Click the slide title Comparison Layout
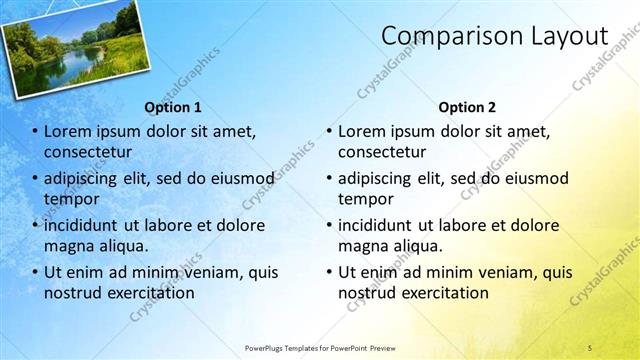pyautogui.click(x=495, y=36)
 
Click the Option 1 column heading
pyautogui.click(x=173, y=107)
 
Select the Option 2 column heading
pyautogui.click(x=467, y=107)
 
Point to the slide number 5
pyautogui.click(x=590, y=347)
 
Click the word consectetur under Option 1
pyautogui.click(x=88, y=152)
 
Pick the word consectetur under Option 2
pyautogui.click(x=382, y=152)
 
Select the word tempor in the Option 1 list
pyautogui.click(x=70, y=198)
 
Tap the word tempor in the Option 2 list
pyautogui.click(x=364, y=198)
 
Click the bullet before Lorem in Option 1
pyautogui.click(x=35, y=131)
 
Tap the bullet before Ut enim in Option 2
pyautogui.click(x=329, y=271)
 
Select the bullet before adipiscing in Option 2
pyautogui.click(x=329, y=178)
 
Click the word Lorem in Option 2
pyautogui.click(x=361, y=131)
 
